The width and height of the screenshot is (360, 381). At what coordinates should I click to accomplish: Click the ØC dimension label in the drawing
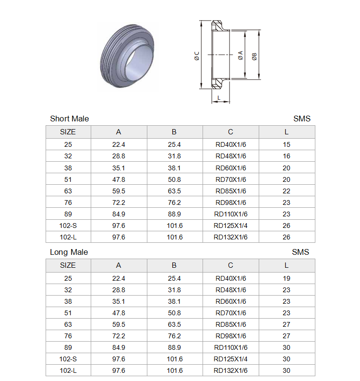(197, 56)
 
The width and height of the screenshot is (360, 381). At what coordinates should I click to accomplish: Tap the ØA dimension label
(240, 55)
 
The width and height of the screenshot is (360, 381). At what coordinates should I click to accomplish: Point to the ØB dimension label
(254, 57)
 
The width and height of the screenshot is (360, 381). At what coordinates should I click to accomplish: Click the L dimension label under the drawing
(219, 98)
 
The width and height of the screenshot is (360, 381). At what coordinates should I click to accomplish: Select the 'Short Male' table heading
(69, 119)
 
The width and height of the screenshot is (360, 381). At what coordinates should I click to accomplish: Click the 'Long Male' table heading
(69, 252)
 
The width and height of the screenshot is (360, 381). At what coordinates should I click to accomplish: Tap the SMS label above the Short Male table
(301, 119)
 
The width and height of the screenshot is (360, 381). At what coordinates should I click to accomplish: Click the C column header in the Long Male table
(230, 265)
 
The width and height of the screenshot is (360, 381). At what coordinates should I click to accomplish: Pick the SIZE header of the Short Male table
(68, 131)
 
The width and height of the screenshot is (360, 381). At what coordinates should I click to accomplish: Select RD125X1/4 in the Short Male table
(230, 226)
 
